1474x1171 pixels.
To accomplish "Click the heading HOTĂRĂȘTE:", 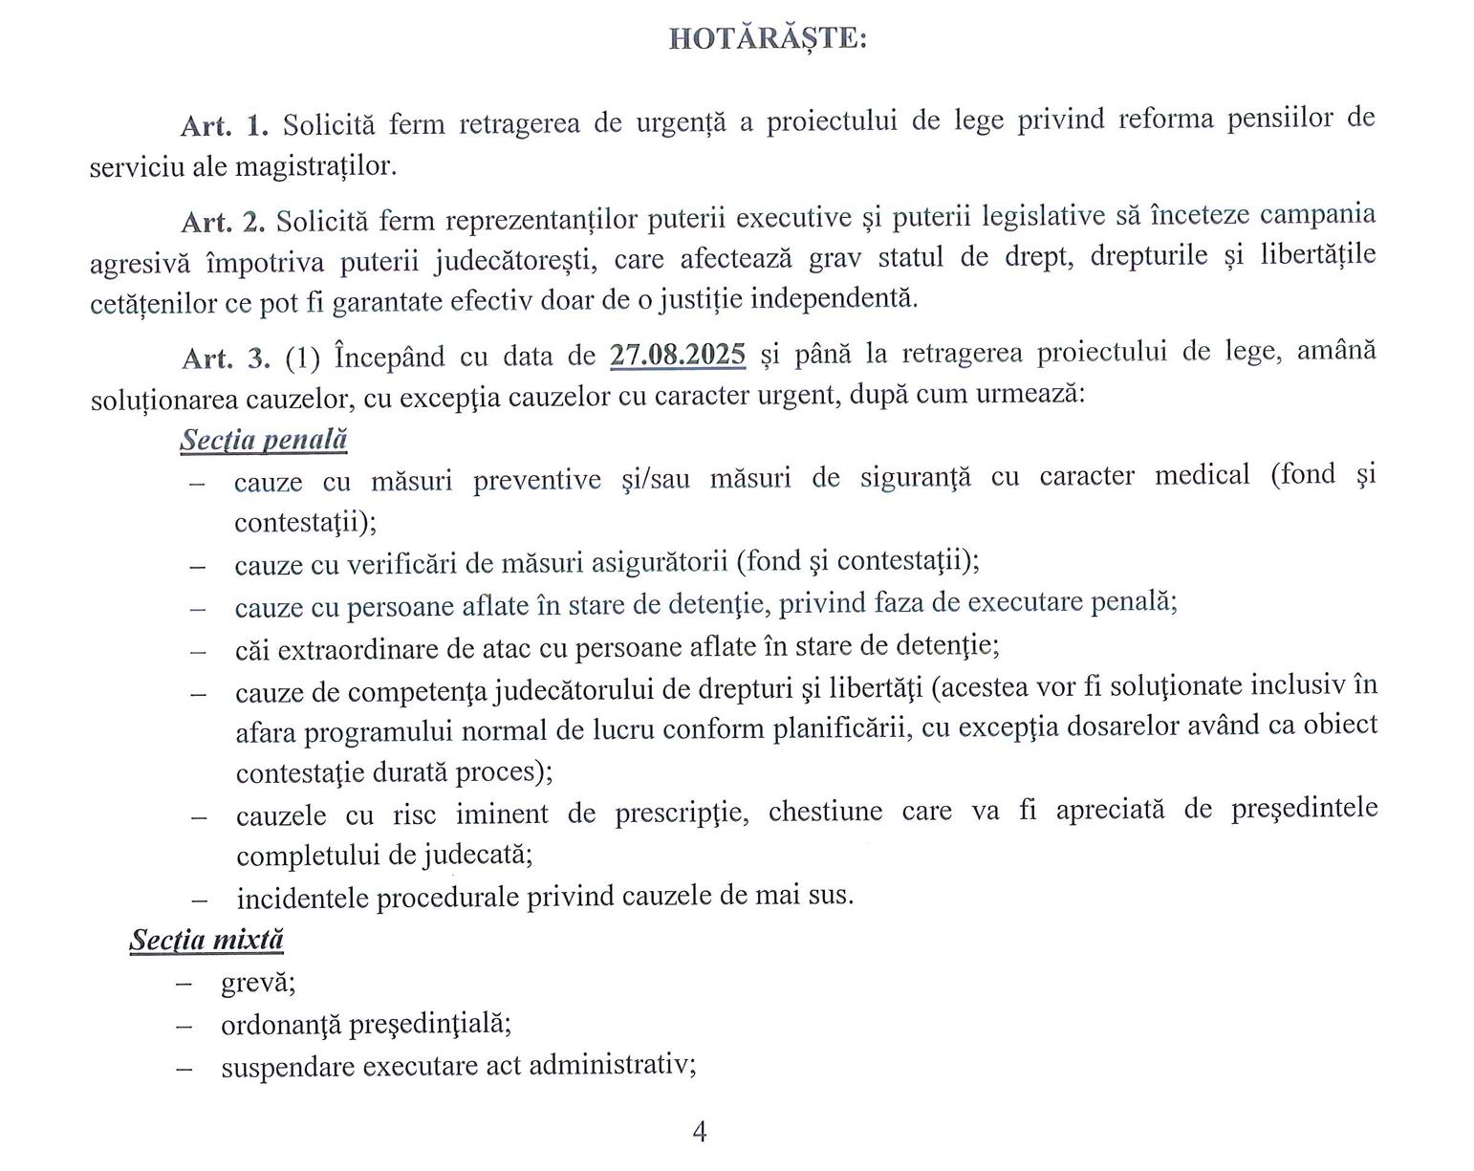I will [768, 39].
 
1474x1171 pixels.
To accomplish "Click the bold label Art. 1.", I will [226, 124].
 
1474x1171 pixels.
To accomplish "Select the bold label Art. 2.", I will [224, 222].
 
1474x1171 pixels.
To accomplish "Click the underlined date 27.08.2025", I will [678, 355].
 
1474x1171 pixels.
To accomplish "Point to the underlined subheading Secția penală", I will [263, 440].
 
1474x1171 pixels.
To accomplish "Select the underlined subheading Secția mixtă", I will [206, 940].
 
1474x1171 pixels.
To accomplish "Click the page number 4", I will [699, 1132].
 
